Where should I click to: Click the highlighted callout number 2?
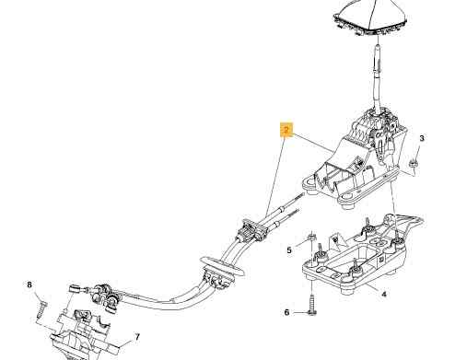pos(286,130)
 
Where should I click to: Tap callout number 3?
pos(422,138)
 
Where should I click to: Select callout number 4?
pos(384,295)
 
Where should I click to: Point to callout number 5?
pos(289,250)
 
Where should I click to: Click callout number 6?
pos(286,312)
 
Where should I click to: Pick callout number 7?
pos(137,337)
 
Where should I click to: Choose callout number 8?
pos(29,285)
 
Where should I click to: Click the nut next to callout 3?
pos(414,164)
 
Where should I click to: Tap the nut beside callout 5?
pos(310,238)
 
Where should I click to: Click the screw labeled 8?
pos(41,309)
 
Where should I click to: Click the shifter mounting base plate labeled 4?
pos(359,258)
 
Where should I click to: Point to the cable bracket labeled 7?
pos(83,334)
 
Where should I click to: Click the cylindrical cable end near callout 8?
pos(73,289)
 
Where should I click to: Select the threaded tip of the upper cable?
pos(299,196)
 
